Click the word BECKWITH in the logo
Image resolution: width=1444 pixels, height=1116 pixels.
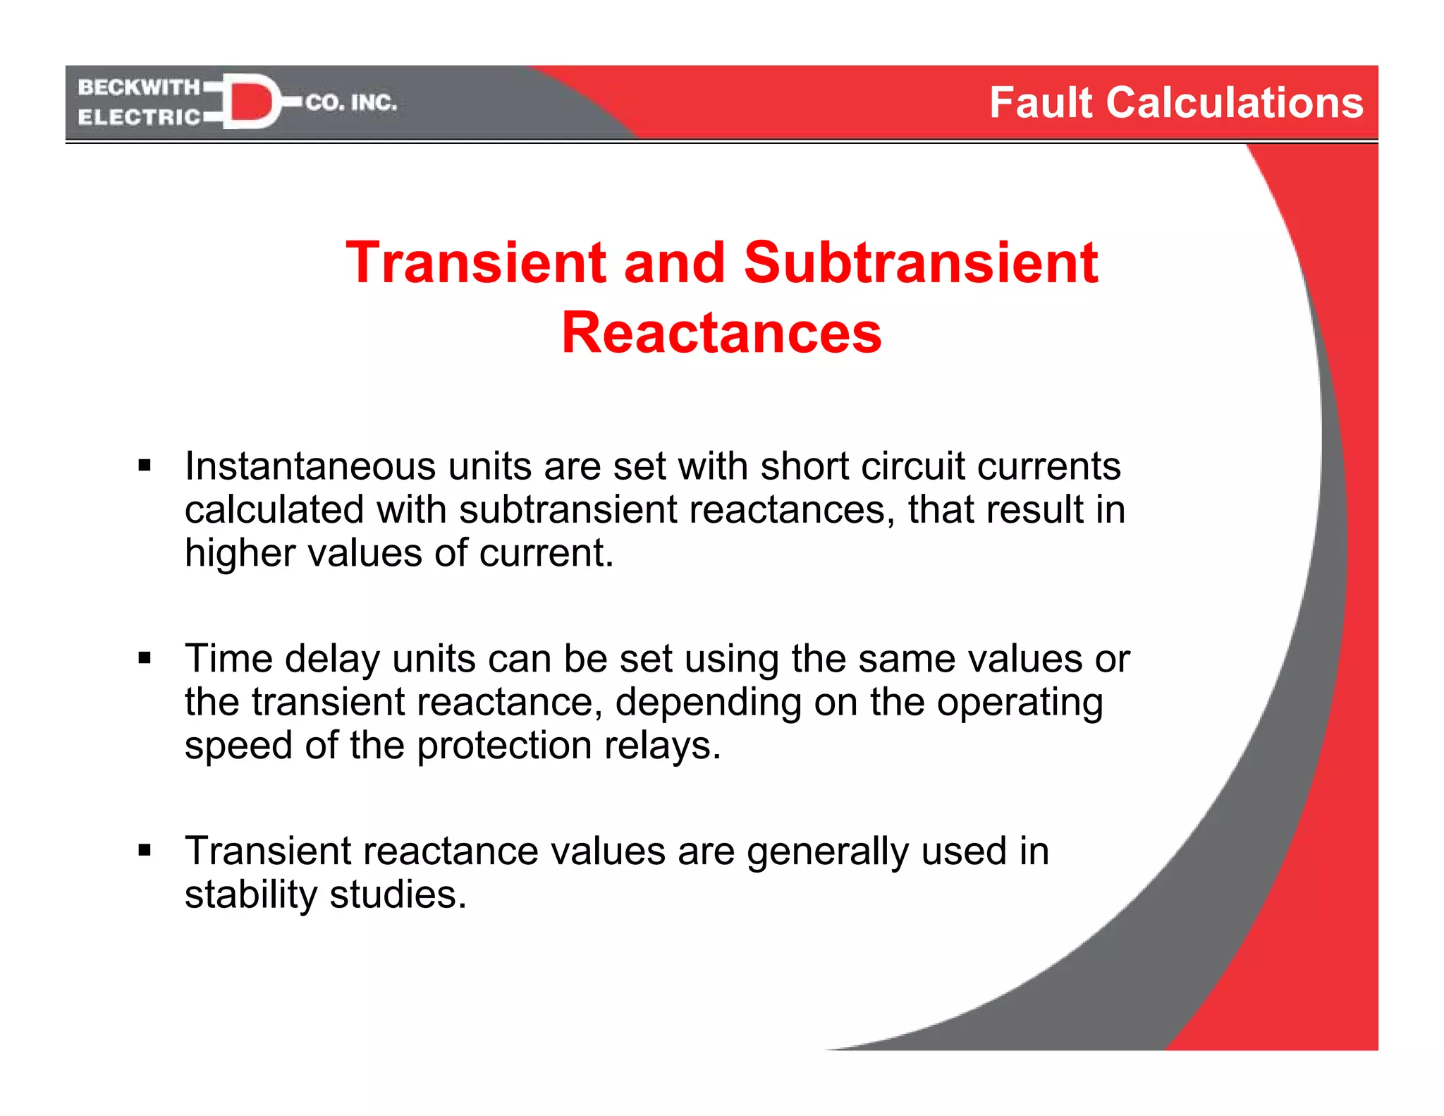pyautogui.click(x=139, y=87)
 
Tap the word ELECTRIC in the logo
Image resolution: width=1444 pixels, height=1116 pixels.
pyautogui.click(x=139, y=117)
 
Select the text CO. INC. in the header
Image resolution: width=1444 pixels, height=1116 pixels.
pyautogui.click(x=351, y=103)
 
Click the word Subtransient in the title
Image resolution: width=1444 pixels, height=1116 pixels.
pyautogui.click(x=920, y=262)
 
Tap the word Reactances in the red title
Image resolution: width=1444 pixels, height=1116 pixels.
pyautogui.click(x=721, y=333)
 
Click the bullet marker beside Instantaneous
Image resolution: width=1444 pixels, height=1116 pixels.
pyautogui.click(x=145, y=466)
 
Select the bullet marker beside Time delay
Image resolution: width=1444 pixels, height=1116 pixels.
pyautogui.click(x=145, y=658)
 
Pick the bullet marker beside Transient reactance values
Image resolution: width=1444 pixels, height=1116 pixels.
pyautogui.click(x=145, y=850)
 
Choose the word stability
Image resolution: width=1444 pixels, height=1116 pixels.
pyautogui.click(x=250, y=894)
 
